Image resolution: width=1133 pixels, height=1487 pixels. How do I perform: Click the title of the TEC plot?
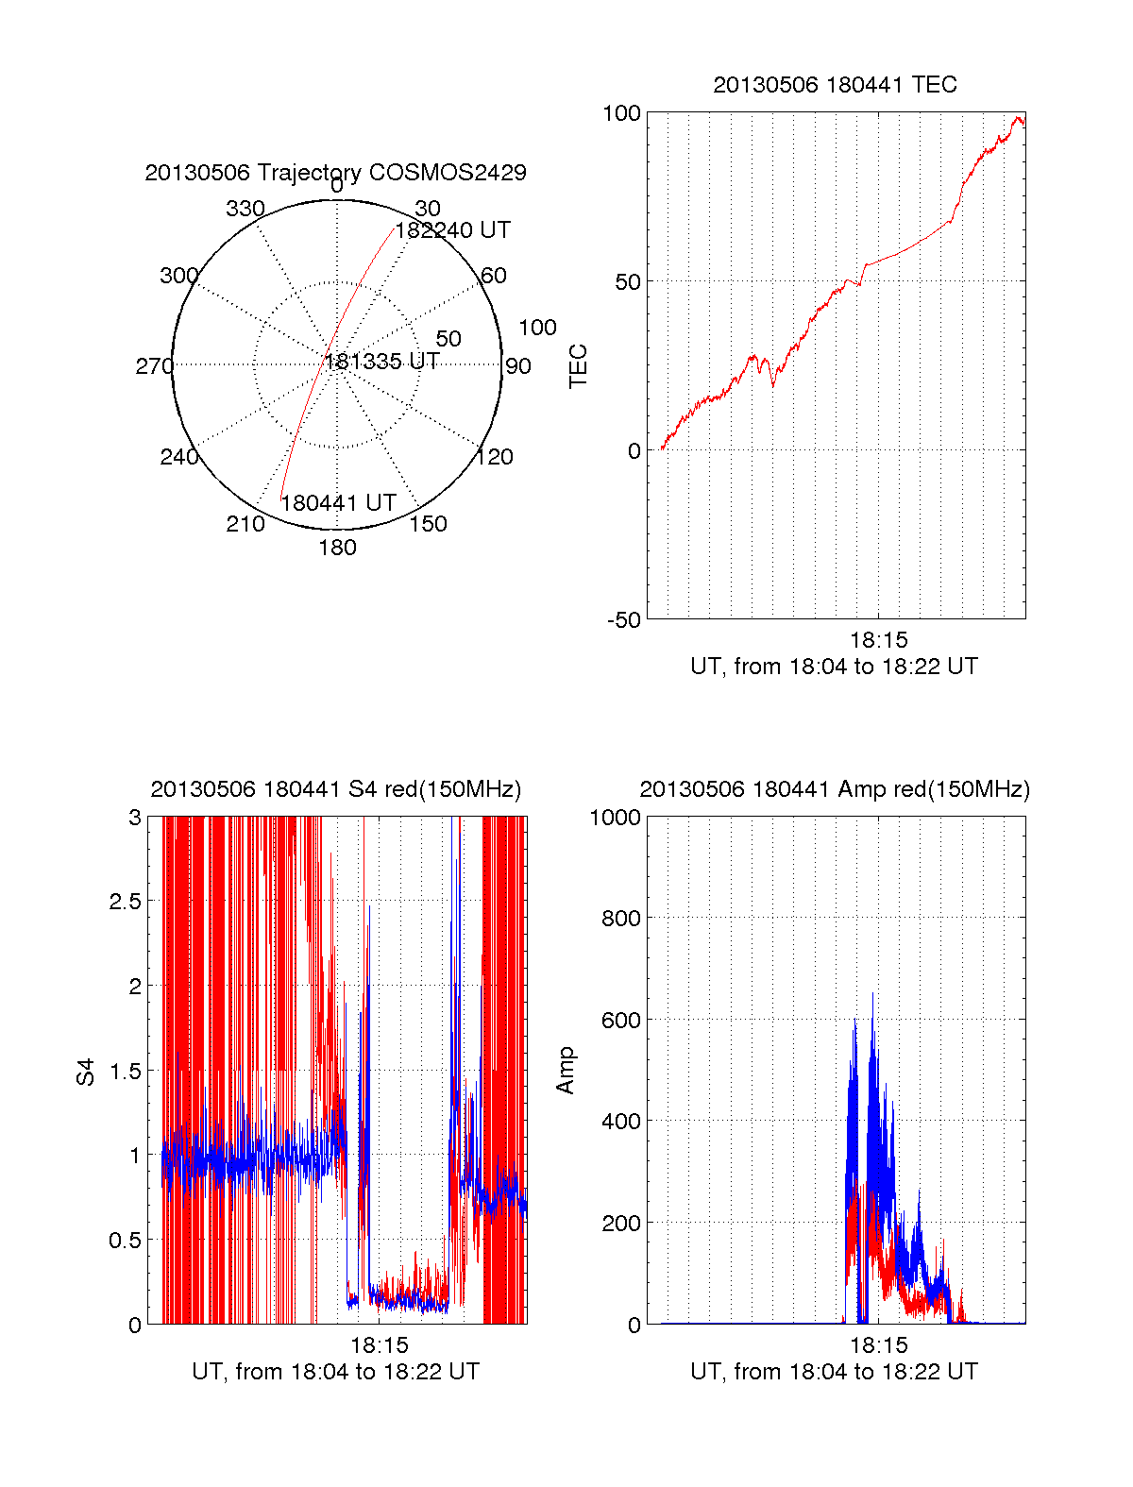pos(835,85)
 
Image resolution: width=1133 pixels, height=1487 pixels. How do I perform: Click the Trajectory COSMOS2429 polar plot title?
pos(335,173)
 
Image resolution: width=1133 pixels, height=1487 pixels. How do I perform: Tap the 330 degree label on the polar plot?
pos(245,209)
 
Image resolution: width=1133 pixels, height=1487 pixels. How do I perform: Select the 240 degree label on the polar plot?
pos(178,457)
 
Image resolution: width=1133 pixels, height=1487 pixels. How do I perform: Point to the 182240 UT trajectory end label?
pos(452,230)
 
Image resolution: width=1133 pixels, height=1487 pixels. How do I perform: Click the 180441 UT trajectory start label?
pos(338,503)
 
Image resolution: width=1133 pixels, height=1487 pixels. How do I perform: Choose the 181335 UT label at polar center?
pos(382,362)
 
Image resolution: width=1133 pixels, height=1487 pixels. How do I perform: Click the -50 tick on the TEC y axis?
pos(623,620)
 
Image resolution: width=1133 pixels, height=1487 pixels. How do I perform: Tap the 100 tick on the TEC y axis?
pos(621,113)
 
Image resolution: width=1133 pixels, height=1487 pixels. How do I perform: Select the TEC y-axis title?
pos(578,366)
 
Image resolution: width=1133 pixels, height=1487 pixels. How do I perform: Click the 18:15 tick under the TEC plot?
pos(878,640)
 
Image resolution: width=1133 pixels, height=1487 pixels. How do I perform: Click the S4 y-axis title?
pos(86,1072)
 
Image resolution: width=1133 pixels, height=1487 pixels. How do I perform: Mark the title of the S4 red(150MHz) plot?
pos(335,789)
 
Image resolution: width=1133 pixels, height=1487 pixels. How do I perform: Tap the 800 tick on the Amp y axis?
pos(621,918)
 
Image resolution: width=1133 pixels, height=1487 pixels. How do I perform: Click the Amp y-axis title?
pos(566,1071)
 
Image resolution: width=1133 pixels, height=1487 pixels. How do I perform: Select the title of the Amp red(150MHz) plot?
pos(835,789)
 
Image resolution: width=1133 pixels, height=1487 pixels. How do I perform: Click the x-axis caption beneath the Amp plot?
pos(834,1372)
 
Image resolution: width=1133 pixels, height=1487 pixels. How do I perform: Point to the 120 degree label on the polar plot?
pos(495,457)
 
